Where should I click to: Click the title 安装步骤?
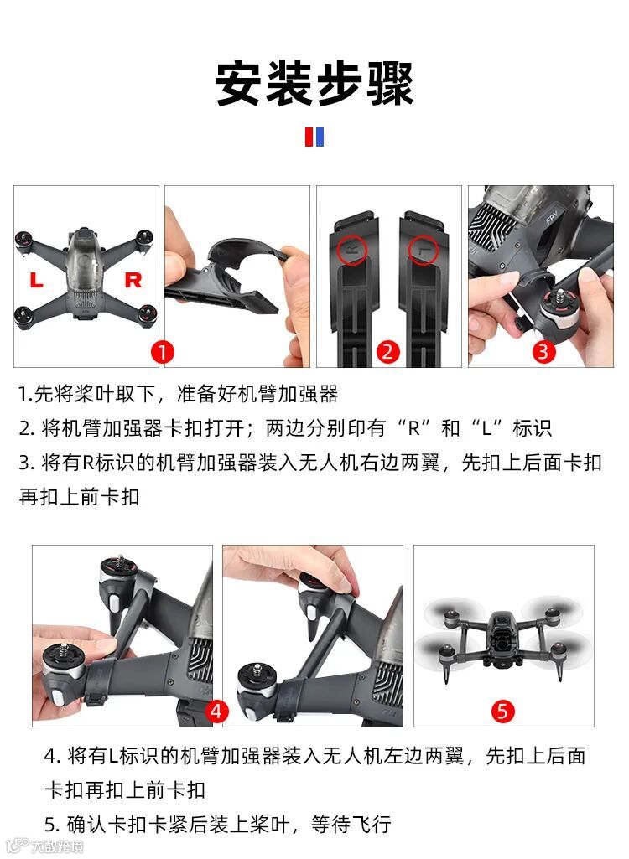click(314, 84)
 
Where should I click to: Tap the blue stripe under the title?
click(320, 137)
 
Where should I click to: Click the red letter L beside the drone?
click(36, 280)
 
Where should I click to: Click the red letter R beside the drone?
click(133, 280)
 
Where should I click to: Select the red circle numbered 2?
click(387, 351)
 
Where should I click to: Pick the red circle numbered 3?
click(543, 351)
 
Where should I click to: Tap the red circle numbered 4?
click(216, 712)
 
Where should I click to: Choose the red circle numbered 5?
click(502, 712)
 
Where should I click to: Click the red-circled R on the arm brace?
click(352, 249)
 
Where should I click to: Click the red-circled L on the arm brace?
click(423, 249)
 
